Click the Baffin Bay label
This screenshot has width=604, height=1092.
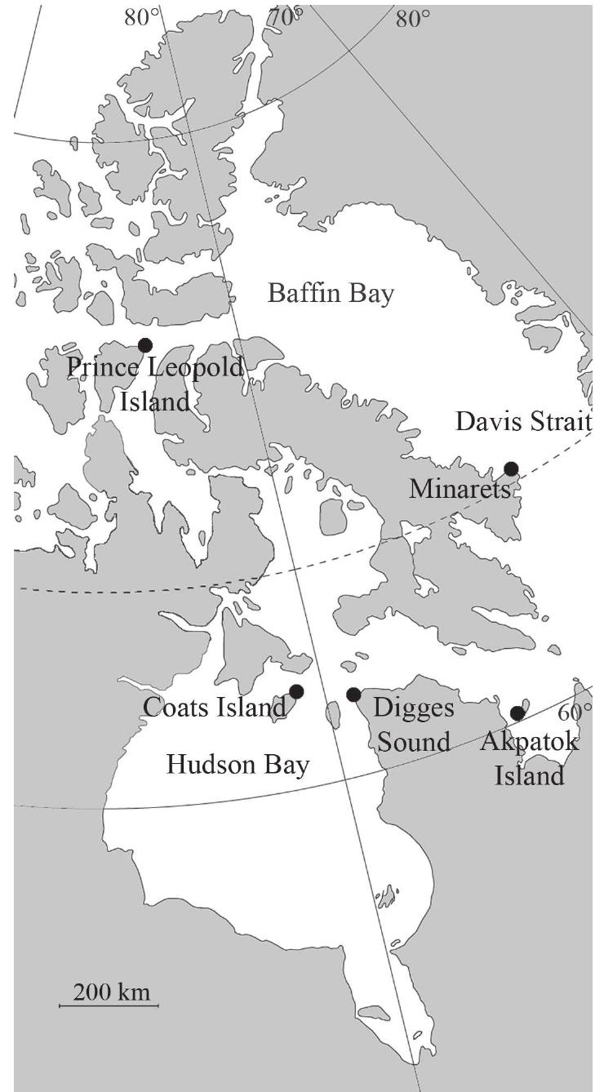331,293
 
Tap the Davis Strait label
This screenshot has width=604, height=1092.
522,422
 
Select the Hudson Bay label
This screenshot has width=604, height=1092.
238,765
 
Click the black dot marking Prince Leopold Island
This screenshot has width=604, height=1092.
145,345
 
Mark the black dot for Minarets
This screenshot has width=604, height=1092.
511,468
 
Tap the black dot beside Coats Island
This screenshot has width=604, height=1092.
296,691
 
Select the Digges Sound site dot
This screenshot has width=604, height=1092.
353,695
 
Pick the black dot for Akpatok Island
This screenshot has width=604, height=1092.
517,713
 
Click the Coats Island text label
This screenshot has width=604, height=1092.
215,708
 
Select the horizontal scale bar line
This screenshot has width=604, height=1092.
109,1005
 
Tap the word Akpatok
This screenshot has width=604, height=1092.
529,743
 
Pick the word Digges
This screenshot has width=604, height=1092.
413,707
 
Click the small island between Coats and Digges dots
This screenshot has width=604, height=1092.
333,716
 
